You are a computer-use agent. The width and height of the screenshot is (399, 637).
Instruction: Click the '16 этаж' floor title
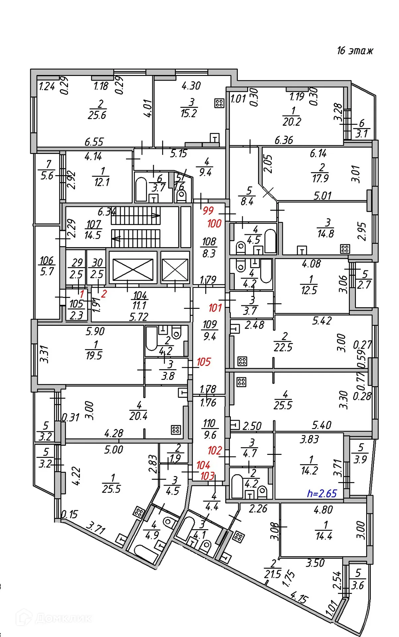pyautogui.click(x=355, y=51)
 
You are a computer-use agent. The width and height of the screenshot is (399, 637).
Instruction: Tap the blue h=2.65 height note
pyautogui.click(x=322, y=493)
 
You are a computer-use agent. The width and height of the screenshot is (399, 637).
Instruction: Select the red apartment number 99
pyautogui.click(x=208, y=211)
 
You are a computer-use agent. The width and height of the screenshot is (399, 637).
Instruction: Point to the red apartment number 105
pyautogui.click(x=204, y=362)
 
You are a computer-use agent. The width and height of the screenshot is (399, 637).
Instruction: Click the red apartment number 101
pyautogui.click(x=215, y=308)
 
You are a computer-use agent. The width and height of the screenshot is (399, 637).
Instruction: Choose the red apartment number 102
pyautogui.click(x=215, y=450)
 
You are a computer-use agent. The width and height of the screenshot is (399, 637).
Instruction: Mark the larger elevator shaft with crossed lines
pyautogui.click(x=133, y=270)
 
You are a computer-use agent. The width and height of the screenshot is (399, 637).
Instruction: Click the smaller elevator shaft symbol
pyautogui.click(x=175, y=270)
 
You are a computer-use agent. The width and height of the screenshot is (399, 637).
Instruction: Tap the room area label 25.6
pyautogui.click(x=97, y=115)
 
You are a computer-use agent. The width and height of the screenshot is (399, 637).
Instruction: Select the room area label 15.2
pyautogui.click(x=189, y=113)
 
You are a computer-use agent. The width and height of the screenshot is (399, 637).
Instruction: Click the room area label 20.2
pyautogui.click(x=292, y=122)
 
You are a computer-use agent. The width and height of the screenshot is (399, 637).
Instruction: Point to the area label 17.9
pyautogui.click(x=320, y=178)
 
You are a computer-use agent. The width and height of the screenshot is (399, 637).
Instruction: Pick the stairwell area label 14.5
pyautogui.click(x=93, y=235)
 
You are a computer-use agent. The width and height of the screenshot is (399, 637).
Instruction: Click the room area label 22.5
pyautogui.click(x=283, y=347)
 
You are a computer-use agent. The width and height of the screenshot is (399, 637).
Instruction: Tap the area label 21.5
pyautogui.click(x=273, y=574)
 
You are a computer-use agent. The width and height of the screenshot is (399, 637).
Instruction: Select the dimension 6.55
pyautogui.click(x=94, y=142)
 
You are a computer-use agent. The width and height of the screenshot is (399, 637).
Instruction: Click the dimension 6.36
pyautogui.click(x=284, y=140)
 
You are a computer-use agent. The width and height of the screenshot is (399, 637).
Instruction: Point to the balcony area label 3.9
pyautogui.click(x=360, y=460)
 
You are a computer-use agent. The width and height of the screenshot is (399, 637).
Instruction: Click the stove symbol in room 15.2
pyautogui.click(x=219, y=103)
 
